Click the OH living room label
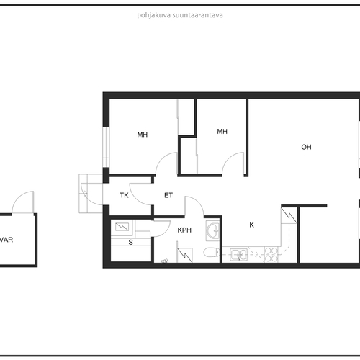306,147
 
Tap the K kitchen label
251,225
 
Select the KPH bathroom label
184,230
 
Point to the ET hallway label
168,195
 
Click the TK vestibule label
124,195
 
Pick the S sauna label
130,243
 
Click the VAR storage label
6,240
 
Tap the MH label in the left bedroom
143,135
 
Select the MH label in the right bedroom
222,132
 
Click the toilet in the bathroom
211,253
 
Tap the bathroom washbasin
212,230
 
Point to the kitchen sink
238,254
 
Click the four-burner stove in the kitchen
271,254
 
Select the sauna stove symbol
122,227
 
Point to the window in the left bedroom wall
106,147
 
